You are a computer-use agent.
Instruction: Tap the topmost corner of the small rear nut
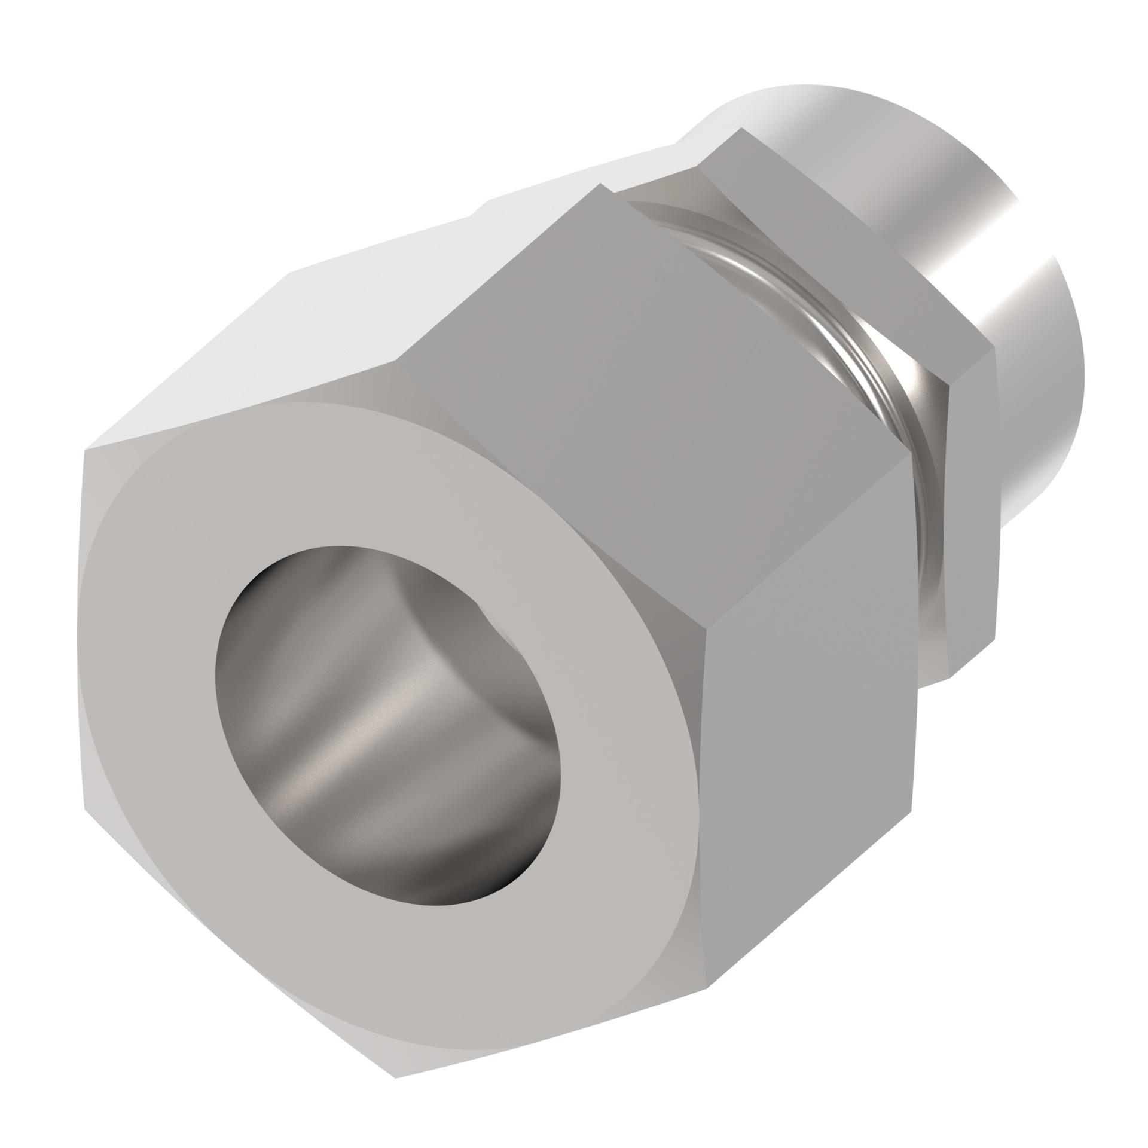pos(741,128)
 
